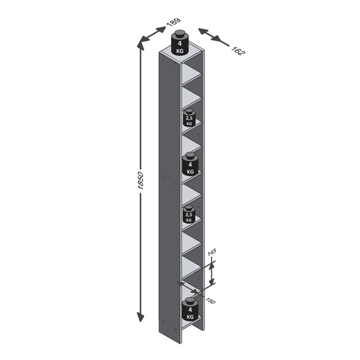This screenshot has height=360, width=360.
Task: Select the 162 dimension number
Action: click(x=238, y=51)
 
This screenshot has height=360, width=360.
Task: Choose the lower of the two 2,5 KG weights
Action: click(x=190, y=216)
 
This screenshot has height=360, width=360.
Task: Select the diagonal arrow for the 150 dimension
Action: click(x=190, y=289)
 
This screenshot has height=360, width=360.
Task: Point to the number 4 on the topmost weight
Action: click(x=179, y=43)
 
